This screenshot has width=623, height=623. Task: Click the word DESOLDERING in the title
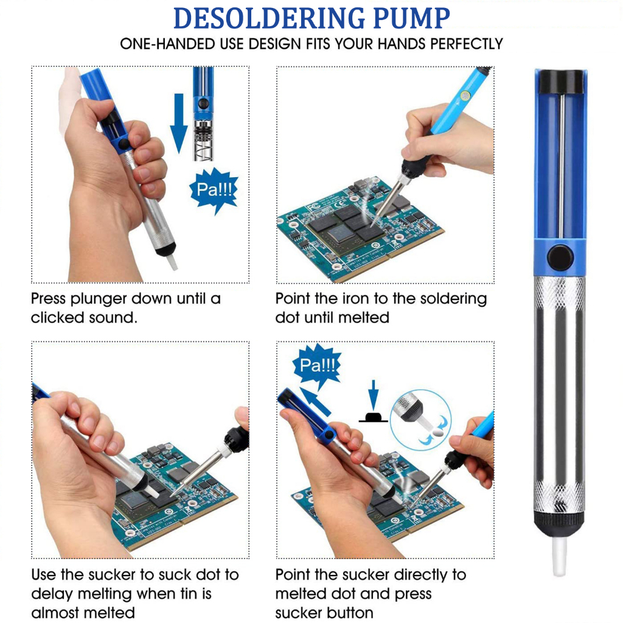pyautogui.click(x=268, y=18)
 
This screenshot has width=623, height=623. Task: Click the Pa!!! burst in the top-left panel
pyautogui.click(x=214, y=190)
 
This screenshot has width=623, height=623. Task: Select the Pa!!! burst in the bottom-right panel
pyautogui.click(x=317, y=365)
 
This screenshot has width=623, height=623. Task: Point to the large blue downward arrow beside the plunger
pyautogui.click(x=179, y=123)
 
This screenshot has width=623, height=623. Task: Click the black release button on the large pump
pyautogui.click(x=560, y=257)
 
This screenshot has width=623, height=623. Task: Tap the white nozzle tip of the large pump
pyautogui.click(x=560, y=555)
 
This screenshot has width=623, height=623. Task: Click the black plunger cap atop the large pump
pyautogui.click(x=560, y=82)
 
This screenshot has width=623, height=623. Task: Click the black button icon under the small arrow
pyautogui.click(x=373, y=417)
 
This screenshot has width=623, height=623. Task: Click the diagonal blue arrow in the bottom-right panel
pyautogui.click(x=315, y=402)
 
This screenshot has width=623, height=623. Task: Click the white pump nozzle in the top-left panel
pyautogui.click(x=171, y=262)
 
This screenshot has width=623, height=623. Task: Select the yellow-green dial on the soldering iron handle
pyautogui.click(x=464, y=96)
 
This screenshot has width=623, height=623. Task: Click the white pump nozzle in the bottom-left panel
pyautogui.click(x=152, y=492)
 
